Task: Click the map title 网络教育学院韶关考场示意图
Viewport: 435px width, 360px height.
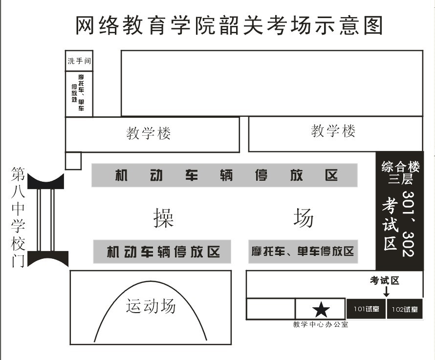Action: click(x=229, y=25)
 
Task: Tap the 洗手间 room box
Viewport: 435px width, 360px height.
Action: click(x=79, y=61)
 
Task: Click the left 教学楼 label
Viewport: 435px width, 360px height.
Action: click(x=149, y=133)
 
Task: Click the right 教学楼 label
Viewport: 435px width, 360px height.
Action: click(x=333, y=131)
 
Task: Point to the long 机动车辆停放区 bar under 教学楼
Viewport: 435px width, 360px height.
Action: click(x=224, y=175)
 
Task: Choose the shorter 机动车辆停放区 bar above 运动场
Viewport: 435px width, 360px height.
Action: click(x=162, y=252)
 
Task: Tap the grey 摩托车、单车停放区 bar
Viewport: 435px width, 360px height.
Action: click(x=303, y=252)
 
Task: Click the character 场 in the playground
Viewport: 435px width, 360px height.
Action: click(x=303, y=217)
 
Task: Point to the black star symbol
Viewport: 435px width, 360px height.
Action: click(x=321, y=309)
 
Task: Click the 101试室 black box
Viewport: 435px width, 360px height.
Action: click(x=366, y=309)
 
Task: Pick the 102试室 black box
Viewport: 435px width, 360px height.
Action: click(x=405, y=309)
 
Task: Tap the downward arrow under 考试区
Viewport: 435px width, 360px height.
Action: click(x=386, y=292)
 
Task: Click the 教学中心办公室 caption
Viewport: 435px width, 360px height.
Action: click(x=321, y=324)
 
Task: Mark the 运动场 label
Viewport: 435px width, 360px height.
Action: click(x=151, y=306)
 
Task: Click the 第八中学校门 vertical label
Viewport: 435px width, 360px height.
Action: click(x=19, y=217)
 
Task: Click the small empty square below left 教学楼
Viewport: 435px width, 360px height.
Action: click(x=73, y=161)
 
